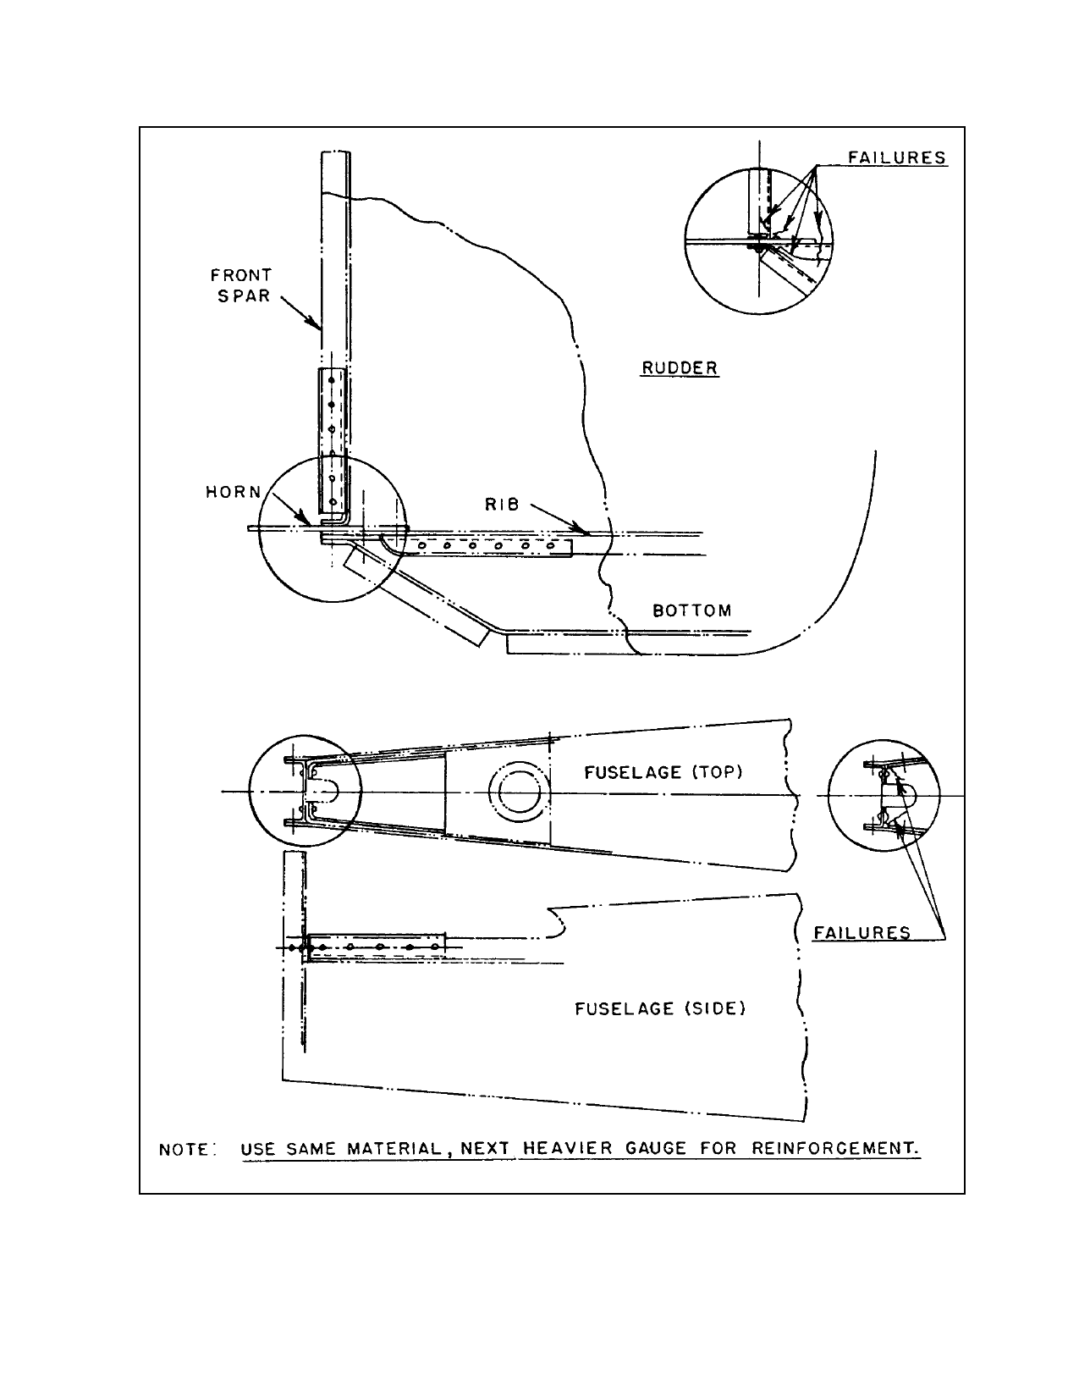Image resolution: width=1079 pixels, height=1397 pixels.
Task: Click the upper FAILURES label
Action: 896,157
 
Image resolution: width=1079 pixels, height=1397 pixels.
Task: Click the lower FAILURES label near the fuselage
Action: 862,932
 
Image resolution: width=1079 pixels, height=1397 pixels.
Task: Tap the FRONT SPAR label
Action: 242,285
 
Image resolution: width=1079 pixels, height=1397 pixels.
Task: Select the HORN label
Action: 234,492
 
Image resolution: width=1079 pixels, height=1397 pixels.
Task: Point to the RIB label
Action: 502,505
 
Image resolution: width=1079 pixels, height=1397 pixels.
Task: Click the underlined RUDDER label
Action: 680,367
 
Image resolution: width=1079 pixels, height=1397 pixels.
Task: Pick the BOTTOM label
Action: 692,610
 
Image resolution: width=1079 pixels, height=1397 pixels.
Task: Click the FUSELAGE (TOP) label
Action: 663,771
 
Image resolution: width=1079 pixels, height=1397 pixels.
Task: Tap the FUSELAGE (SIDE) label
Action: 660,1008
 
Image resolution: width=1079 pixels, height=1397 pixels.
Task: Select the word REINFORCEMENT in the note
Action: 834,1147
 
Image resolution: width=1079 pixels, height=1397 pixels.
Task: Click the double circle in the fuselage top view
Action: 519,792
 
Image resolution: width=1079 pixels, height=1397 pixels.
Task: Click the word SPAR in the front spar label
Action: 243,295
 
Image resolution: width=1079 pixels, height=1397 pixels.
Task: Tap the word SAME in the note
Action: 311,1148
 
